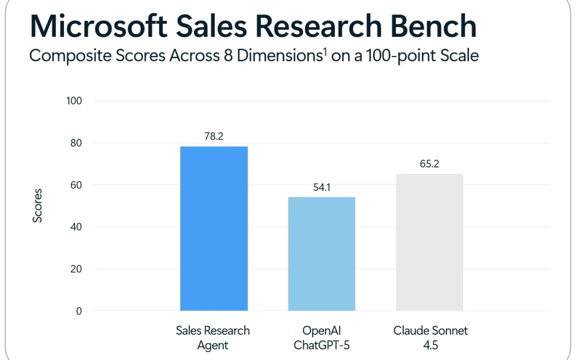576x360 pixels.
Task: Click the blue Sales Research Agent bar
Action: (x=214, y=228)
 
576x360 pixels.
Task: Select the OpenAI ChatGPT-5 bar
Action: (x=322, y=254)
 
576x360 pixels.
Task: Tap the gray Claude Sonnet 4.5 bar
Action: (x=429, y=242)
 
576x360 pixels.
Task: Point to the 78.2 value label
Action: (x=213, y=137)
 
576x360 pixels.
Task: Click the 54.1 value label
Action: (x=321, y=187)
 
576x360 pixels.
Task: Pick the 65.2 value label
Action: (x=429, y=164)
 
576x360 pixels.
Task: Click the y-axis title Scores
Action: (x=37, y=205)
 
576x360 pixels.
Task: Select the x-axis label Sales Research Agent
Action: (x=213, y=338)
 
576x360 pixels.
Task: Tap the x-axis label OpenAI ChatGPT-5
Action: (x=322, y=338)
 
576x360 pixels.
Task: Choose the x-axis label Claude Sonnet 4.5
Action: (x=430, y=338)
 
